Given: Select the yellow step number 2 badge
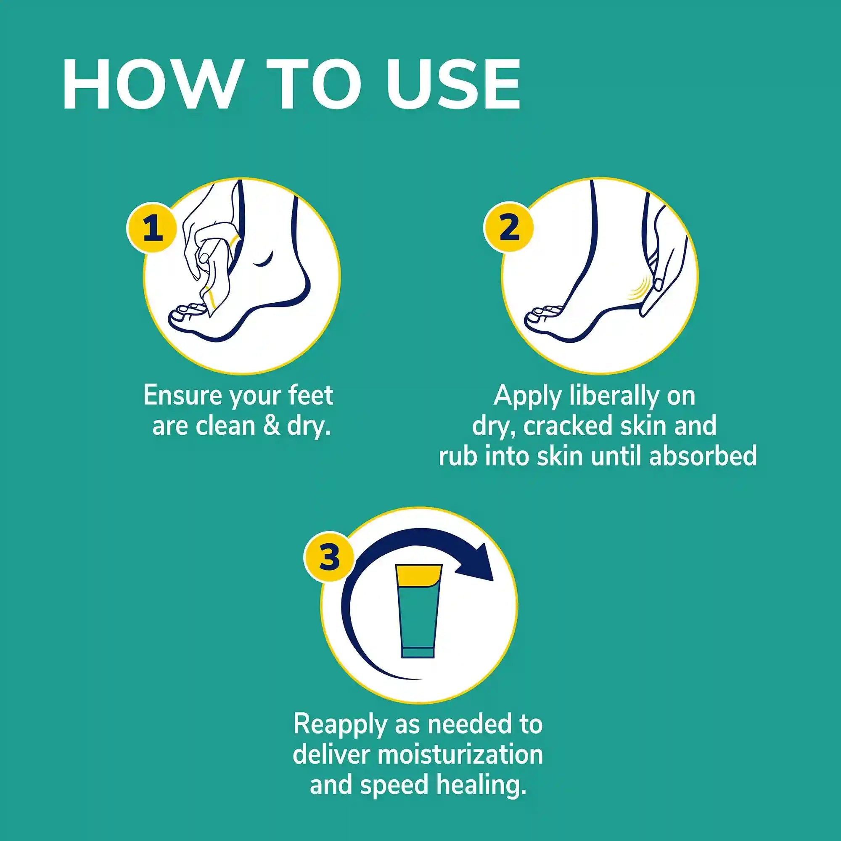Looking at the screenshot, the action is point(509,227).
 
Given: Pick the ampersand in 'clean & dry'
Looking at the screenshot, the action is point(272,426).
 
